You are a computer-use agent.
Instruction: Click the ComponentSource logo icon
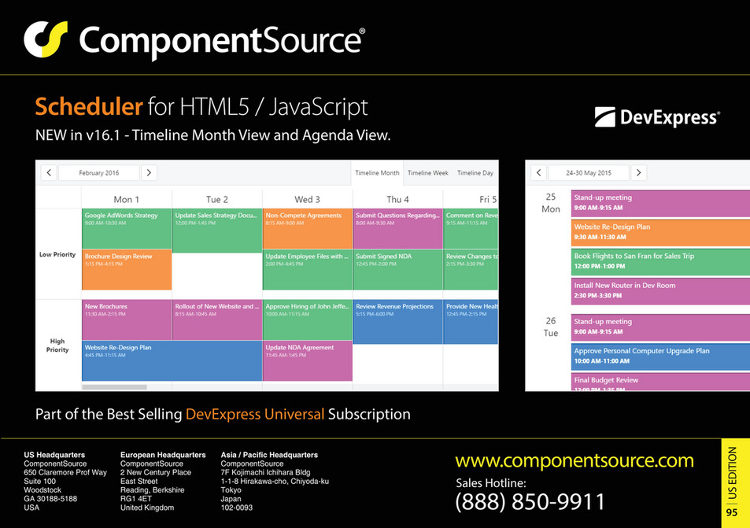tap(45, 39)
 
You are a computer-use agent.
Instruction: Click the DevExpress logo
tap(657, 118)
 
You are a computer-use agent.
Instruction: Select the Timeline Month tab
tap(377, 173)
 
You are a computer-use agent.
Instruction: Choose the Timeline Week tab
tap(427, 173)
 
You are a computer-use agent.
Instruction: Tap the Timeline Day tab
tap(475, 173)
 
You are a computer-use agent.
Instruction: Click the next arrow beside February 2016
tap(149, 172)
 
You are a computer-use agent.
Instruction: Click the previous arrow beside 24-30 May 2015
tap(538, 172)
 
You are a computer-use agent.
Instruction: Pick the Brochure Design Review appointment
tap(127, 269)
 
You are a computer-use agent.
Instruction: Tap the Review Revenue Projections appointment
tap(397, 322)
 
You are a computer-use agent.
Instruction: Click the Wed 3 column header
tap(307, 199)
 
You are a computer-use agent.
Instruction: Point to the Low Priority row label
tap(57, 254)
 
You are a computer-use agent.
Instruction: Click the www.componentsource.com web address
tap(575, 461)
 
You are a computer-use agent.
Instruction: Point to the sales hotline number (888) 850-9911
tap(530, 501)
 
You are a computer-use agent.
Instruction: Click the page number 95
tap(732, 512)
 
